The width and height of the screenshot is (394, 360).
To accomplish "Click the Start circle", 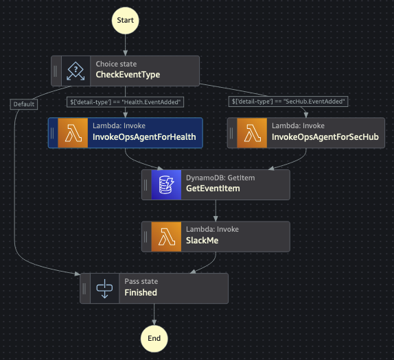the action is tap(125, 21).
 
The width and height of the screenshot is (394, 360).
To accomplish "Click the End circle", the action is tap(154, 339).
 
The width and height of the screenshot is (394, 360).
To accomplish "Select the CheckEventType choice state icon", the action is tap(76, 71).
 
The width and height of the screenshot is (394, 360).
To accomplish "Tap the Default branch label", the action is tap(24, 104).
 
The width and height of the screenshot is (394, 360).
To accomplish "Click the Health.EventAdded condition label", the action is tap(125, 102).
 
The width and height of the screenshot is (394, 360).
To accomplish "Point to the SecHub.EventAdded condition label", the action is tap(288, 101).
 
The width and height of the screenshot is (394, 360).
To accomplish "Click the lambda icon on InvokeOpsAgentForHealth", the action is tap(73, 133).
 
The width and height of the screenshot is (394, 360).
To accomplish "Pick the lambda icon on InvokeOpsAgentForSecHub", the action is tap(252, 133).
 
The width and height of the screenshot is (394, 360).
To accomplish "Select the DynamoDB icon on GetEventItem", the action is tap(166, 184).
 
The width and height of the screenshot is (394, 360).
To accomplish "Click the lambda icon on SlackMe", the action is tap(166, 237).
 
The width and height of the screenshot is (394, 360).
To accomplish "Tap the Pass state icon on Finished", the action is tap(104, 289).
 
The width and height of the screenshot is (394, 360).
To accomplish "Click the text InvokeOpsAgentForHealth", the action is tap(144, 137).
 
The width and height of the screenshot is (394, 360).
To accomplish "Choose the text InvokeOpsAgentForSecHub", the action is tap(325, 137).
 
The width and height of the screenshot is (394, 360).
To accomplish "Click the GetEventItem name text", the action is tap(213, 189).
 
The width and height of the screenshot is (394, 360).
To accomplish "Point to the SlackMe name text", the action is tap(202, 241).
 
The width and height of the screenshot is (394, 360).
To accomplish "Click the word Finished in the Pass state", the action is tap(141, 293).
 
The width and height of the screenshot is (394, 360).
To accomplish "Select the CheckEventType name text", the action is tap(128, 75).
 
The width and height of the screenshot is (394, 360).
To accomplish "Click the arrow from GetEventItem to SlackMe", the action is tap(216, 211).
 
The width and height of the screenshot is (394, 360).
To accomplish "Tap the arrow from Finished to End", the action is tap(154, 314).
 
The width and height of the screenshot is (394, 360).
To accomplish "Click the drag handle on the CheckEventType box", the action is tap(56, 71).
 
